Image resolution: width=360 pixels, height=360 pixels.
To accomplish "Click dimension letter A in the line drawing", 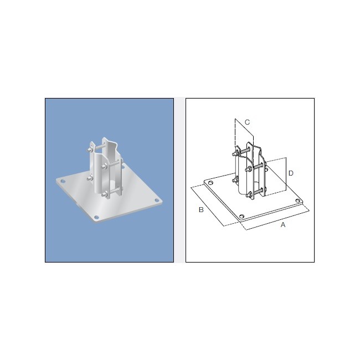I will click(283, 225).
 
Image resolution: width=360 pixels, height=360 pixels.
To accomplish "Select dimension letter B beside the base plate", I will click(202, 209).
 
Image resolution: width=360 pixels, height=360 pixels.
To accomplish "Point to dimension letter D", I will click(290, 173).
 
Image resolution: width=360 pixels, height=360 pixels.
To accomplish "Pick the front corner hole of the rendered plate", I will click(97, 217).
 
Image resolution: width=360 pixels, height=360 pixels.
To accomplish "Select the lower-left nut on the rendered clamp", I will click(89, 178).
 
